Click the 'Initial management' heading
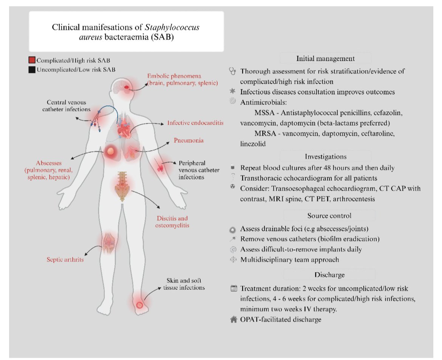click(x=326, y=58)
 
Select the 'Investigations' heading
click(x=326, y=156)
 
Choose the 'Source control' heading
click(x=326, y=215)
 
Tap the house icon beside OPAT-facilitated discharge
click(x=233, y=320)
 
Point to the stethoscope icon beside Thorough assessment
click(x=233, y=71)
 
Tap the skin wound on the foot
click(x=139, y=303)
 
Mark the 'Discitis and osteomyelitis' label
click(x=172, y=222)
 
